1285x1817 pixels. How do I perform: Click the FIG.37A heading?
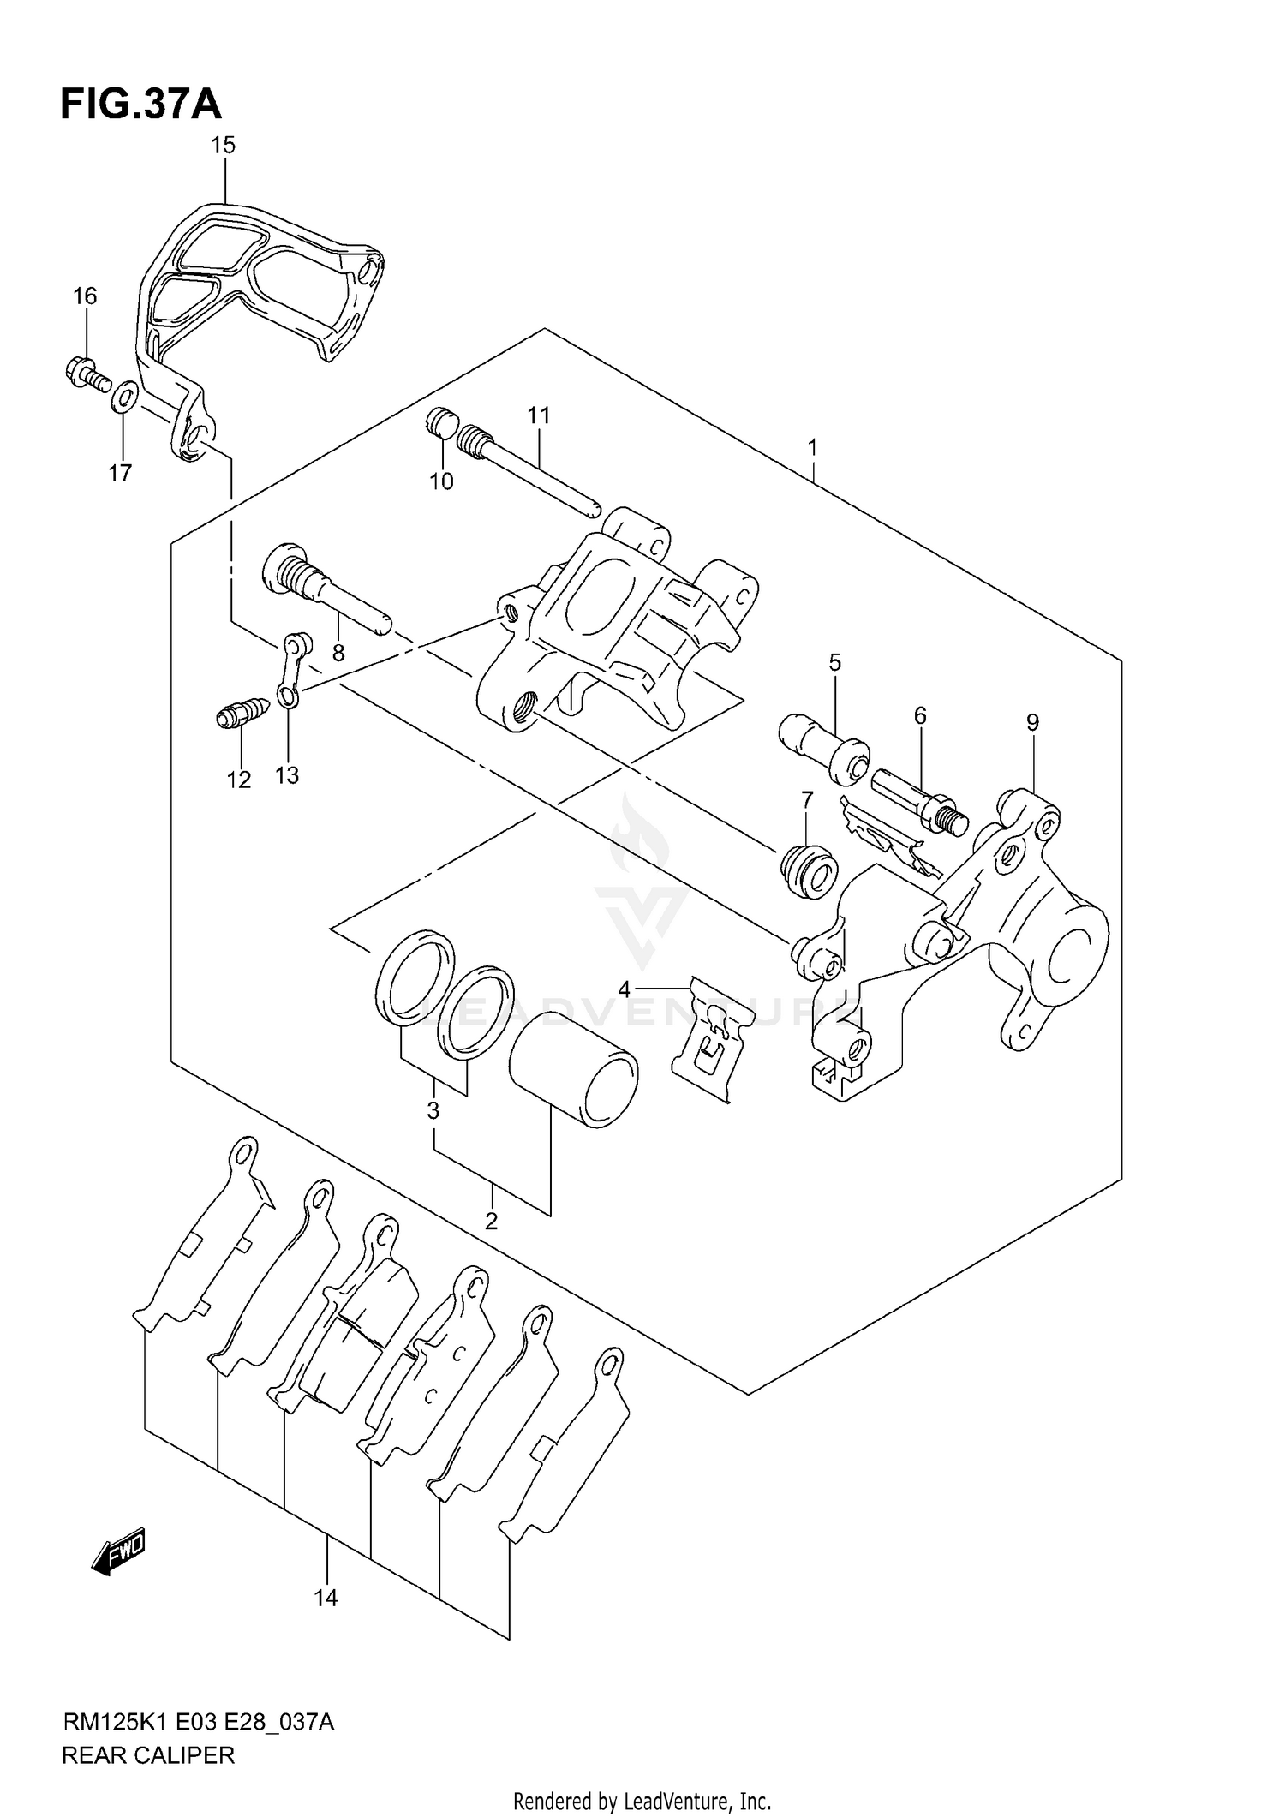tap(140, 105)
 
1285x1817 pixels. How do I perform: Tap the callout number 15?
tap(223, 146)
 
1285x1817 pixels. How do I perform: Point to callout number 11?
tap(538, 416)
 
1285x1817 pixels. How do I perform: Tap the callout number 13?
tap(287, 775)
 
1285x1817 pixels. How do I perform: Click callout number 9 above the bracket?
tap(1032, 723)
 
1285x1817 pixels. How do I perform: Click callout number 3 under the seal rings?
tap(433, 1111)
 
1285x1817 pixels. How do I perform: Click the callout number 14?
tap(326, 1598)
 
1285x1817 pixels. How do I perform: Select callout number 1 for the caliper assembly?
tap(812, 448)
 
